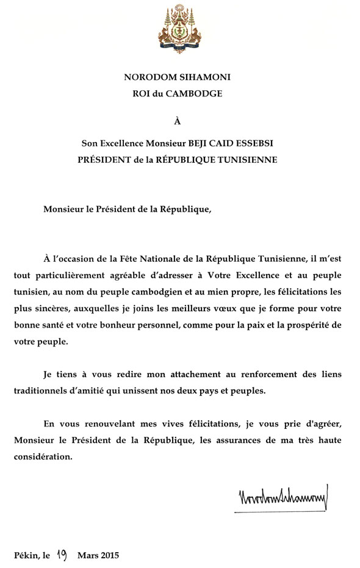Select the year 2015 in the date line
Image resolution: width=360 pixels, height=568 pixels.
pos(109,555)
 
